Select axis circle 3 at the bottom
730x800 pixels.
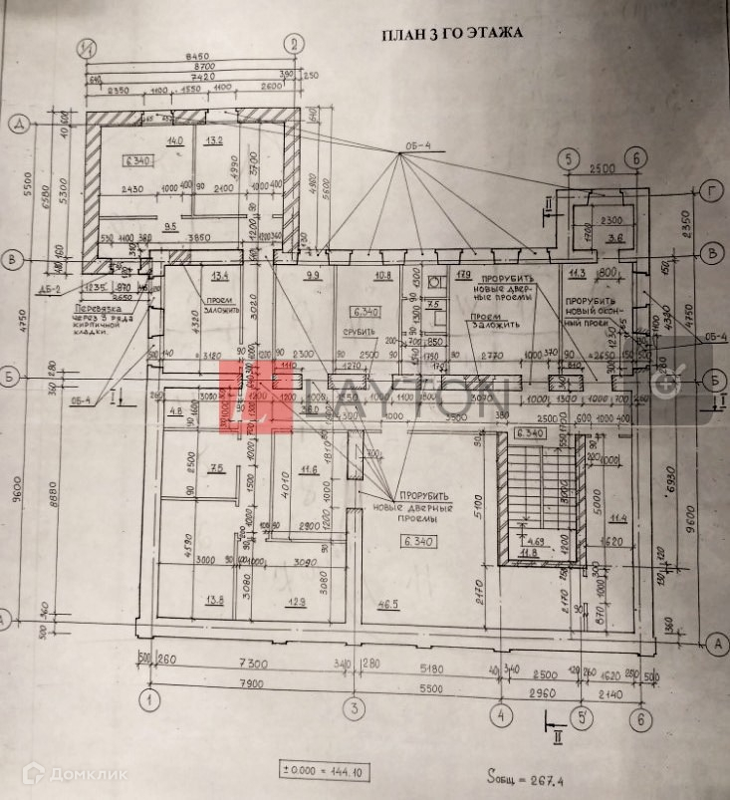click(353, 708)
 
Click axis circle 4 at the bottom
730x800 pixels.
click(502, 712)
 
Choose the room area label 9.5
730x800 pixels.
click(170, 227)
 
